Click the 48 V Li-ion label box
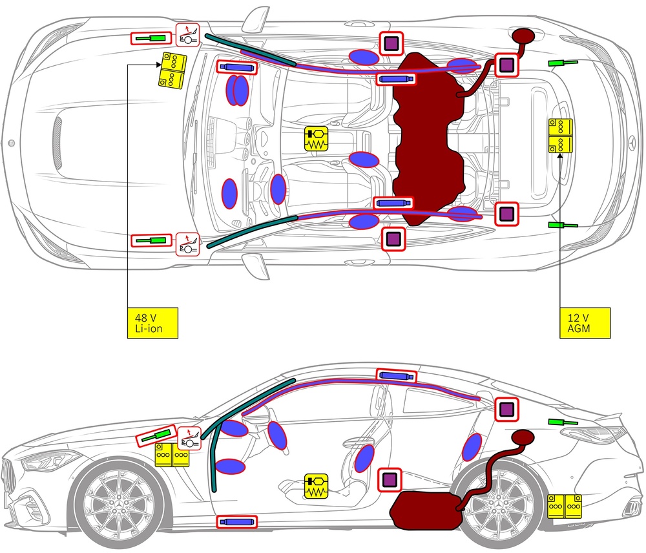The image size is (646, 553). click(x=152, y=323)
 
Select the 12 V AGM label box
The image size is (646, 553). click(x=585, y=323)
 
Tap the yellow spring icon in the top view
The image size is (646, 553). click(x=316, y=138)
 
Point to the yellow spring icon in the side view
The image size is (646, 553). click(x=316, y=486)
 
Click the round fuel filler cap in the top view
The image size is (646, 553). click(x=523, y=36)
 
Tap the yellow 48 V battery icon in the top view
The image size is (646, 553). click(x=173, y=70)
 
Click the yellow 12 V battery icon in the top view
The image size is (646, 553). click(x=560, y=136)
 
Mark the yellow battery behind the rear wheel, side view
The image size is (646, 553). click(x=565, y=506)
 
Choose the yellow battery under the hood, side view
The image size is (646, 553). click(x=172, y=455)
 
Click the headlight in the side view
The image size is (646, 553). click(x=47, y=460)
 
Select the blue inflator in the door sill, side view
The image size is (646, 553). click(x=237, y=522)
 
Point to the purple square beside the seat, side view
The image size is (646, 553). click(x=390, y=479)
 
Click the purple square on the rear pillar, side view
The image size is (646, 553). click(x=506, y=409)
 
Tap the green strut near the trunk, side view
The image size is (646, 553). click(x=563, y=422)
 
